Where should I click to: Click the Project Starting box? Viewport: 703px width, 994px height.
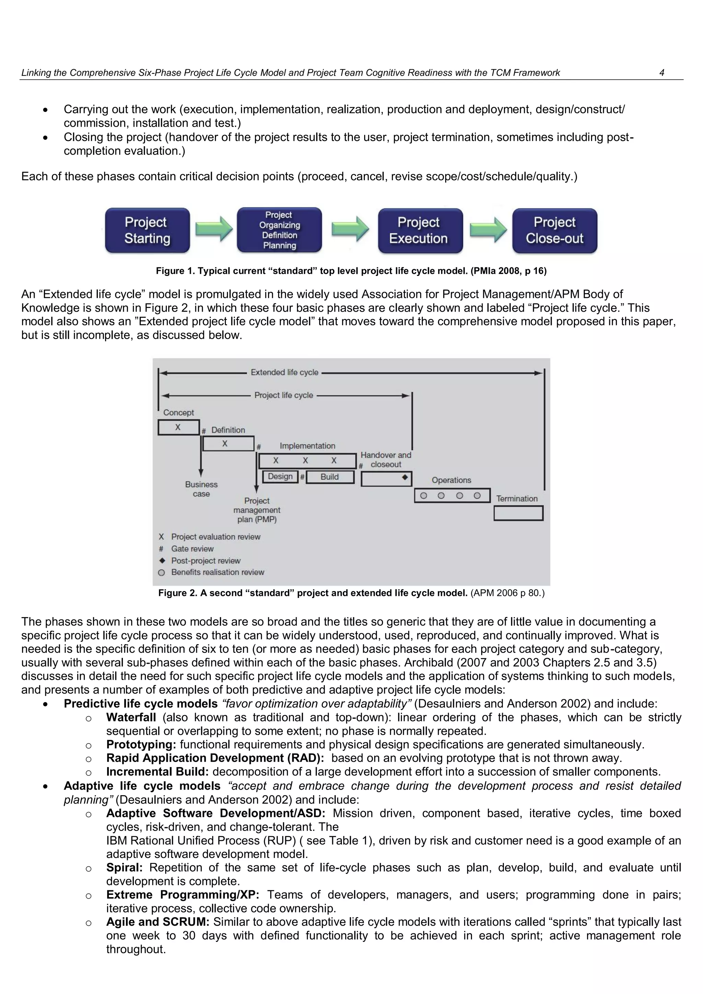[x=147, y=230]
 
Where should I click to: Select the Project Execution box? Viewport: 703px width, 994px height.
[x=420, y=230]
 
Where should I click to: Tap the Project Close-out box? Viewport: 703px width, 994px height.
[x=554, y=230]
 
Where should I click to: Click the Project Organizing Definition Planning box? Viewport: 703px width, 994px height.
[x=279, y=230]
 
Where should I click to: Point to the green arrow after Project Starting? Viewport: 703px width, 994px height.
[x=214, y=229]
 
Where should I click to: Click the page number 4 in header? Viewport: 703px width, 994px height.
[x=661, y=73]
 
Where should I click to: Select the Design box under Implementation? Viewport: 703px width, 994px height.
[x=280, y=477]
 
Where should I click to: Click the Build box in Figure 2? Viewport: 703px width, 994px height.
[x=330, y=477]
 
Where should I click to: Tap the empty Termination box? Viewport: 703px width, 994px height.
[x=518, y=513]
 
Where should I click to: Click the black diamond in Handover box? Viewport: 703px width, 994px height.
[x=405, y=477]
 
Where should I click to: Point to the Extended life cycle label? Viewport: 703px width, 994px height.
[x=285, y=372]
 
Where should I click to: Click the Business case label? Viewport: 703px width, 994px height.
[x=201, y=489]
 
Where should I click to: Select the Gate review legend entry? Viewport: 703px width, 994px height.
[x=192, y=548]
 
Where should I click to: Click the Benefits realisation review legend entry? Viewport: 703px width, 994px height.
[x=217, y=572]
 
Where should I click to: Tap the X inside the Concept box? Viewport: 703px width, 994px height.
[x=178, y=427]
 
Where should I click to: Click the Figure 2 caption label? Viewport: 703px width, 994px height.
[x=312, y=593]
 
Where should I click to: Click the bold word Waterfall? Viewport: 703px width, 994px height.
[x=131, y=717]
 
